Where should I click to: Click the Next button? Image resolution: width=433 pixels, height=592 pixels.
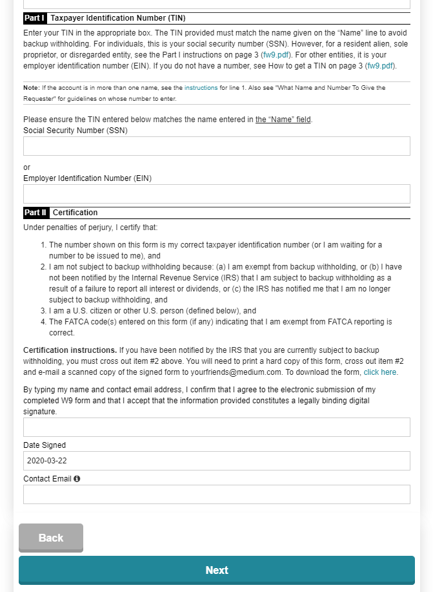[216, 570]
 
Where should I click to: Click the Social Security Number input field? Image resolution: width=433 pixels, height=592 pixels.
[216, 146]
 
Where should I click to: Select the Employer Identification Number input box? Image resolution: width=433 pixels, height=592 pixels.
[216, 194]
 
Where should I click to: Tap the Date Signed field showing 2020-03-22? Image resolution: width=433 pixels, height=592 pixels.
[216, 461]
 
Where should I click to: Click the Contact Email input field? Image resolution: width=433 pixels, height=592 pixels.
[216, 494]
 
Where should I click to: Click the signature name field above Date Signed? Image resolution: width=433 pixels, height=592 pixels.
[216, 427]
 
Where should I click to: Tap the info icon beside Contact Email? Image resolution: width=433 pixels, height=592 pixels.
[77, 479]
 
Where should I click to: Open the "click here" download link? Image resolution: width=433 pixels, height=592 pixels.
[380, 372]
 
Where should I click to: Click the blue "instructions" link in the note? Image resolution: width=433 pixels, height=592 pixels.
[201, 87]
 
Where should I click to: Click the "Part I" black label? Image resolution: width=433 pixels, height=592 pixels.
[35, 18]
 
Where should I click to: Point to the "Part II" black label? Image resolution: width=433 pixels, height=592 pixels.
[36, 213]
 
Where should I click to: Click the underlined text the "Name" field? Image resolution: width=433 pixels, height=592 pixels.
[283, 120]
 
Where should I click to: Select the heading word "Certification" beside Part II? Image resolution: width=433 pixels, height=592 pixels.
[76, 213]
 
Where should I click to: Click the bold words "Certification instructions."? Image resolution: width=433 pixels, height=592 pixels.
[70, 350]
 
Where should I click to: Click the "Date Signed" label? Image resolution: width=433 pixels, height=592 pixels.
[45, 445]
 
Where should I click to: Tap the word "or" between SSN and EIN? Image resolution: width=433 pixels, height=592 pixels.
[27, 167]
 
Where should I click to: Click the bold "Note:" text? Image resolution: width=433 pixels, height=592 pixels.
[32, 87]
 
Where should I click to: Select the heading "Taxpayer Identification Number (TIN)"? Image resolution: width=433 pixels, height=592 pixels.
[117, 18]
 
